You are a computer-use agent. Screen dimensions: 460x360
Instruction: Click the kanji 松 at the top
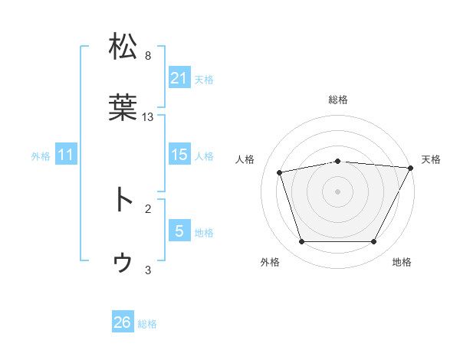pyautogui.click(x=123, y=45)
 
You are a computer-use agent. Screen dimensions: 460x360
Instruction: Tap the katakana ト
pyautogui.click(x=123, y=199)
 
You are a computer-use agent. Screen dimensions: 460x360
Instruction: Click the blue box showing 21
pyautogui.click(x=179, y=78)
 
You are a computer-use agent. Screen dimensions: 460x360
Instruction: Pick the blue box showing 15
pyautogui.click(x=179, y=155)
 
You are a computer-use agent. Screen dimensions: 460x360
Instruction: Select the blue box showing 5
pyautogui.click(x=179, y=231)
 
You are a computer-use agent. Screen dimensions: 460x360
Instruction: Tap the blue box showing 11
pyautogui.click(x=66, y=155)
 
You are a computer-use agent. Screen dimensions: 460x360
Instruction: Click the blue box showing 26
pyautogui.click(x=123, y=322)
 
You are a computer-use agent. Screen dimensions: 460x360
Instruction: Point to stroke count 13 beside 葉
pyautogui.click(x=148, y=117)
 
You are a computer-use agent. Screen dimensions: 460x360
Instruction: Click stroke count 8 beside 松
pyautogui.click(x=148, y=56)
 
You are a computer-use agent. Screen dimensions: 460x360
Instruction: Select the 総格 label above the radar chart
pyautogui.click(x=337, y=100)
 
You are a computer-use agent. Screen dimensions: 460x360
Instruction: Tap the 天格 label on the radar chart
pyautogui.click(x=431, y=159)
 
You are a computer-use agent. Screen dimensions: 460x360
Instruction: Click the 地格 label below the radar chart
pyautogui.click(x=402, y=263)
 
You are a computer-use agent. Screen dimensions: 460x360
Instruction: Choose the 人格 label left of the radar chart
pyautogui.click(x=245, y=159)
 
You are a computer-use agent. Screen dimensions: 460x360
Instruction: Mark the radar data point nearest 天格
pyautogui.click(x=411, y=168)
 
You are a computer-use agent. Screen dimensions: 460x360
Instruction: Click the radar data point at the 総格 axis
pyautogui.click(x=337, y=161)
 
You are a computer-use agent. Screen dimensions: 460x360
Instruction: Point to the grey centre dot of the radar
pyautogui.click(x=337, y=191)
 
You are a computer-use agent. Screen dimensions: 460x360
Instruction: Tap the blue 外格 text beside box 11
pyautogui.click(x=41, y=155)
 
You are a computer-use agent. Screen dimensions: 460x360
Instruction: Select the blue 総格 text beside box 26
pyautogui.click(x=147, y=323)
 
